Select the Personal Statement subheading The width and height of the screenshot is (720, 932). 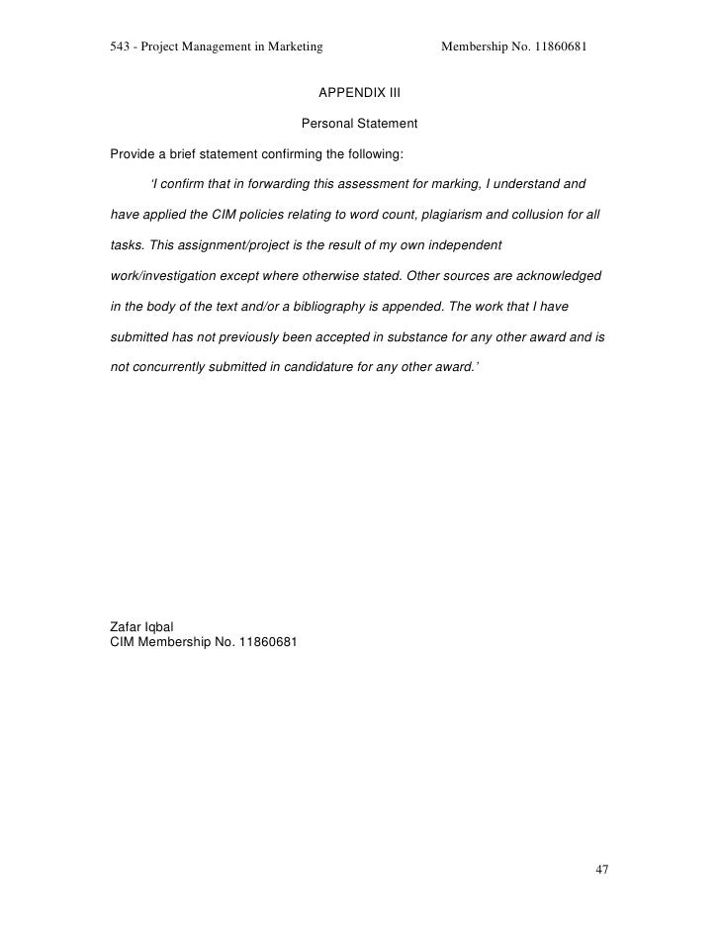[x=359, y=125]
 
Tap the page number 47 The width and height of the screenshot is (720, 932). [x=601, y=870]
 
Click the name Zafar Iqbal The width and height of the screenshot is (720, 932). [x=141, y=625]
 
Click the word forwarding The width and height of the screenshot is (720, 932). [x=274, y=184]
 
